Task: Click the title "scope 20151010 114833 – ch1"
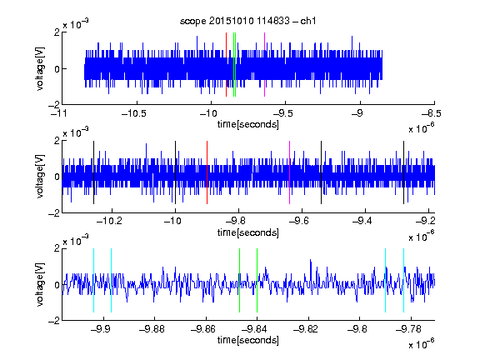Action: point(247,21)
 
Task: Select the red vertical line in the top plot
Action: point(226,65)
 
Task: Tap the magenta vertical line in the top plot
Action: point(264,65)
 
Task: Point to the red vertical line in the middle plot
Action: point(207,172)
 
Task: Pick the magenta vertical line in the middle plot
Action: point(290,172)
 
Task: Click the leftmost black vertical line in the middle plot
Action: point(93,172)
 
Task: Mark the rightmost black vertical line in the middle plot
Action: point(403,172)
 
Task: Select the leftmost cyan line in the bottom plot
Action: point(93,280)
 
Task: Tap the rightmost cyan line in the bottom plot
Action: point(403,280)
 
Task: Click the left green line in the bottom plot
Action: point(239,280)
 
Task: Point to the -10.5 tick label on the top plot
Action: point(134,113)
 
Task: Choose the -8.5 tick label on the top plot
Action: point(432,113)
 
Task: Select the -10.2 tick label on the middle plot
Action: point(109,221)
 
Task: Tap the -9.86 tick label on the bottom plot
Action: point(203,329)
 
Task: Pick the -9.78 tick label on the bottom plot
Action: point(408,329)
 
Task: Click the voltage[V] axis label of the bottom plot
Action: point(40,284)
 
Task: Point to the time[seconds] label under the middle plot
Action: point(248,232)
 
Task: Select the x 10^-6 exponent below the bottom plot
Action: point(422,344)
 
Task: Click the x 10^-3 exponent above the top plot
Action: point(76,23)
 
